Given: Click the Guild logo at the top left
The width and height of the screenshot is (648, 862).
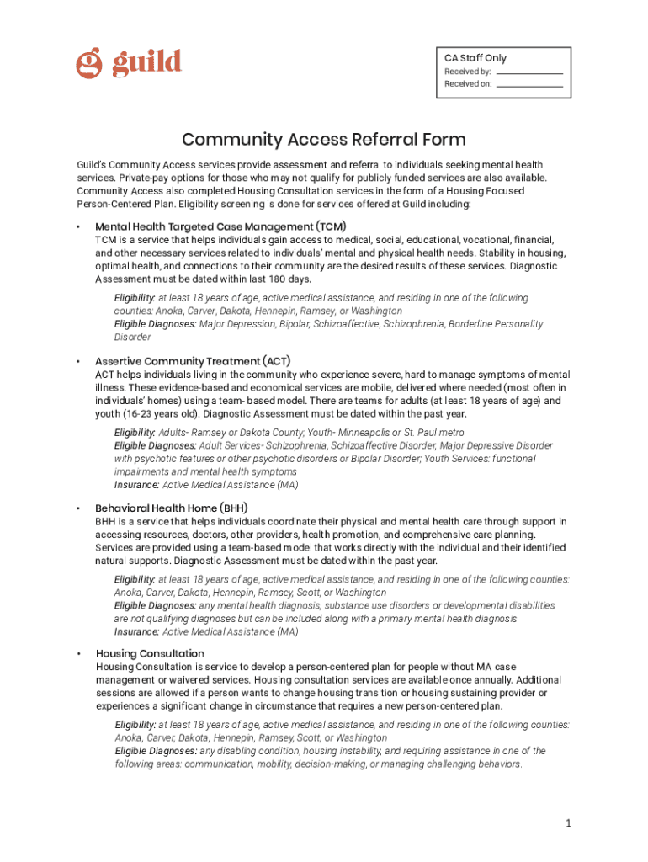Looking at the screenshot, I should click(x=129, y=63).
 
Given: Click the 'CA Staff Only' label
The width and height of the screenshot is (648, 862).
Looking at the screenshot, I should click(x=475, y=58).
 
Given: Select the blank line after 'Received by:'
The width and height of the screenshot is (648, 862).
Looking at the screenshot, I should click(x=529, y=72).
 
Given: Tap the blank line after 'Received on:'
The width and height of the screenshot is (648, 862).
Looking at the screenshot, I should click(x=529, y=85).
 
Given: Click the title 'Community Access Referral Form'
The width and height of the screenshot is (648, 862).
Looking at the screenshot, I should click(x=324, y=140).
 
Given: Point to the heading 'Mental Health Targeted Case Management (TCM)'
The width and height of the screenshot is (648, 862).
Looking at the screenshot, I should click(x=220, y=226).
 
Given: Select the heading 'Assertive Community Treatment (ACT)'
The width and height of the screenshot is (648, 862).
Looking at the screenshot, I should click(x=193, y=361).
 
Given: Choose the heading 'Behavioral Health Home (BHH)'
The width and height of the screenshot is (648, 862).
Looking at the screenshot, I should click(x=171, y=508).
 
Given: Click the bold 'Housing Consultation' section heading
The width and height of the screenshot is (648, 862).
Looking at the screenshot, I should click(x=150, y=653).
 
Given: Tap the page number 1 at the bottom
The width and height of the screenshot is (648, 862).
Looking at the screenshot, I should click(x=569, y=822).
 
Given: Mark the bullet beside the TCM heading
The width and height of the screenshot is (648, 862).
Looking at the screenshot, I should click(x=77, y=227).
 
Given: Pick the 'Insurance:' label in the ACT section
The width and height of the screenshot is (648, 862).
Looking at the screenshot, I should click(x=136, y=485).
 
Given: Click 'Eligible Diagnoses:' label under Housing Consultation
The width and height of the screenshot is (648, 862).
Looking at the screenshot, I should click(x=156, y=751).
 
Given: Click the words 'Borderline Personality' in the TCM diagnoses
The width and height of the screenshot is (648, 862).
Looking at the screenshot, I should click(x=496, y=324).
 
